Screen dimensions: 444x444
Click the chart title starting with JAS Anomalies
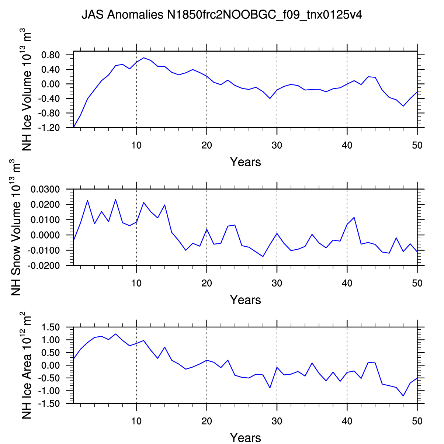coord(222,15)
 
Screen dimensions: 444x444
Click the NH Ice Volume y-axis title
coord(27,90)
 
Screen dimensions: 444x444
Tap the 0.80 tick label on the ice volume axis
coord(51,55)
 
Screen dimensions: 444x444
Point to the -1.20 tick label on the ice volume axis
coord(49,128)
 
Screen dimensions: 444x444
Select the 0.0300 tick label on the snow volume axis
coord(45,190)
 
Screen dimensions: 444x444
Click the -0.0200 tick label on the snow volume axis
coord(43,266)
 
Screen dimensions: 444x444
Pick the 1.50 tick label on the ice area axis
coord(51,327)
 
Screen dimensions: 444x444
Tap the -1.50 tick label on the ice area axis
coord(49,403)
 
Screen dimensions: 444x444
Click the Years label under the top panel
coord(245,162)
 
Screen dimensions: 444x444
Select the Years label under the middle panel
coord(245,300)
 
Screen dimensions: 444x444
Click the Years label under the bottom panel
coord(245,438)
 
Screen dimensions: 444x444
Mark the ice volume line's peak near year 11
coord(144,58)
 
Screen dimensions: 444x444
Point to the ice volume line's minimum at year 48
coord(403,106)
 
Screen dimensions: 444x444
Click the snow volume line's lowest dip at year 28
coord(263,256)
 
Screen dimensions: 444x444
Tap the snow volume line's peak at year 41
coord(354,217)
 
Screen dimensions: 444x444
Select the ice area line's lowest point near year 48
coord(403,396)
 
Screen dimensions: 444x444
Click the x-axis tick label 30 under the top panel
coord(277,145)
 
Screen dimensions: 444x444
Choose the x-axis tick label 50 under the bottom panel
coord(417,421)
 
